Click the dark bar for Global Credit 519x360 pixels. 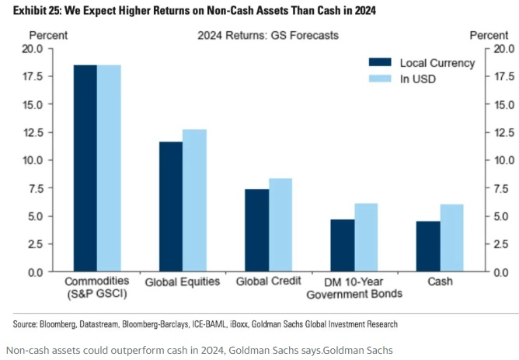coord(256,230)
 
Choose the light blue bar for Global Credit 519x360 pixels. coord(280,225)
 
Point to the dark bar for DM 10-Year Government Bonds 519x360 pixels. coord(342,246)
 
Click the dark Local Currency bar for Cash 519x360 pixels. coord(427,246)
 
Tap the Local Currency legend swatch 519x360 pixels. coord(379,63)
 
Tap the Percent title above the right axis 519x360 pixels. coord(489,36)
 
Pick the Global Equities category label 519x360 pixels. coord(182,281)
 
